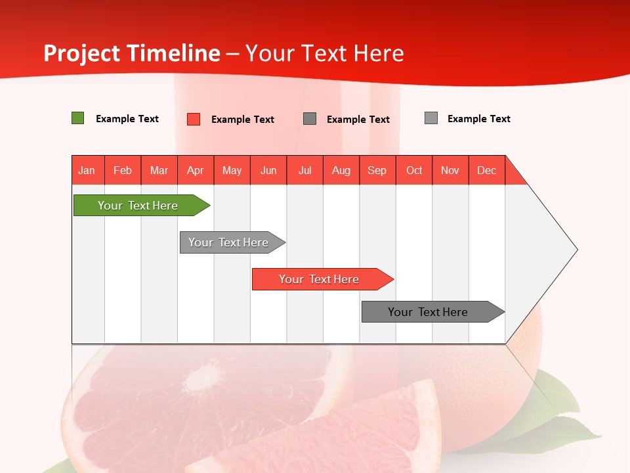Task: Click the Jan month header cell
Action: [87, 170]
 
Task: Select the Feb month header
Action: [123, 170]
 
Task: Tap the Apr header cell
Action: [196, 170]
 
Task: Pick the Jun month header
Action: [268, 170]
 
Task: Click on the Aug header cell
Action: [341, 170]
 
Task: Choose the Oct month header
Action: [414, 170]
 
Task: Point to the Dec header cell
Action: [487, 170]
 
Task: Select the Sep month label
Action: [377, 170]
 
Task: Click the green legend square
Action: [78, 118]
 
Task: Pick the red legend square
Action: [194, 119]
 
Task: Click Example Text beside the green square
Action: [127, 119]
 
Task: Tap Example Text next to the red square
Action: [243, 120]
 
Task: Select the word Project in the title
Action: [83, 53]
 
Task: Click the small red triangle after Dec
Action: [514, 174]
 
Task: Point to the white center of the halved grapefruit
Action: [205, 380]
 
